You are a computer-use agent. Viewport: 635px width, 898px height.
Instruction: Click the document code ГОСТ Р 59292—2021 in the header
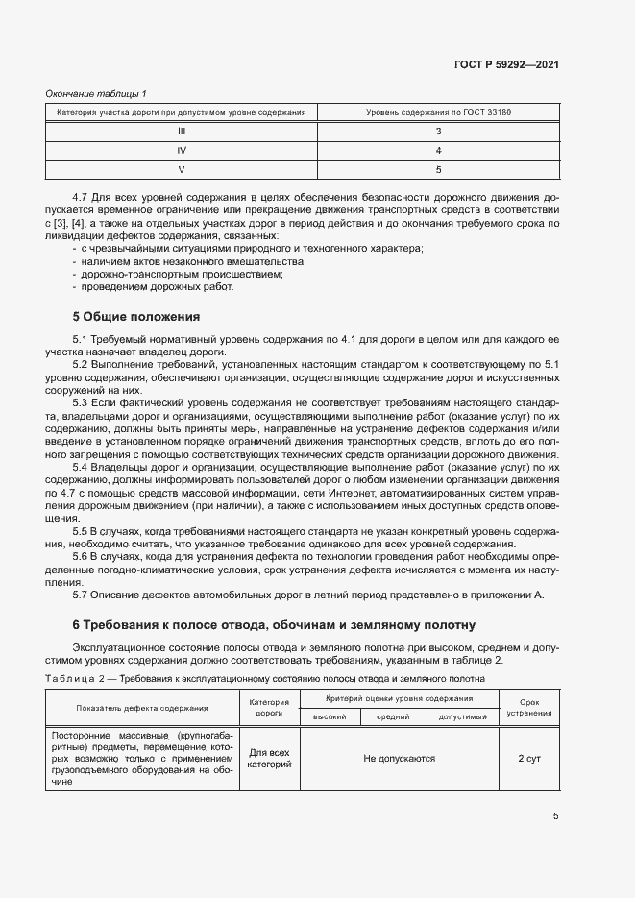[505, 65]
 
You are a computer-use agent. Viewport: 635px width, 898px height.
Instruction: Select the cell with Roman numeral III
[181, 132]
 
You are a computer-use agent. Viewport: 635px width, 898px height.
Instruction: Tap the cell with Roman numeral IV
[181, 151]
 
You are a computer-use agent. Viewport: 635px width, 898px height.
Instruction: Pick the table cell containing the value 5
[438, 170]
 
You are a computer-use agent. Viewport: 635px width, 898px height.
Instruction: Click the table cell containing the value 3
[438, 132]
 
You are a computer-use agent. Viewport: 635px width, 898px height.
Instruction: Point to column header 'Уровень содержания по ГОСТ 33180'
[438, 112]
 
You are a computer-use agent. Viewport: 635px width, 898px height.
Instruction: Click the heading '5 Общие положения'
[136, 316]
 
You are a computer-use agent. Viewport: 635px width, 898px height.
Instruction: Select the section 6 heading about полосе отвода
[274, 624]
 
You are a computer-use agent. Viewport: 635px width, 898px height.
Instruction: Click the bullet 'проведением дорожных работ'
[157, 286]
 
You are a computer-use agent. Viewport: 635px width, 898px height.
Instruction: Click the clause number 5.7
[81, 595]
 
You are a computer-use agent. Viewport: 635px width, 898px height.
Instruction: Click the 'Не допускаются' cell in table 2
[399, 758]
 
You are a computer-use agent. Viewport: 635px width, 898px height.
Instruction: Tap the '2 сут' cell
[528, 758]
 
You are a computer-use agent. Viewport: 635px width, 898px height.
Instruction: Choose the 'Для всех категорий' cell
[269, 758]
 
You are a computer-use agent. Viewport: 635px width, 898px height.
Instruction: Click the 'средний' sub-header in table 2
[393, 716]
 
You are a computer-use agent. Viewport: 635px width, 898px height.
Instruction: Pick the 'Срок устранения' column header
[528, 708]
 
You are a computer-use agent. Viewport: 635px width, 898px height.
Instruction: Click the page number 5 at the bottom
[555, 816]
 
